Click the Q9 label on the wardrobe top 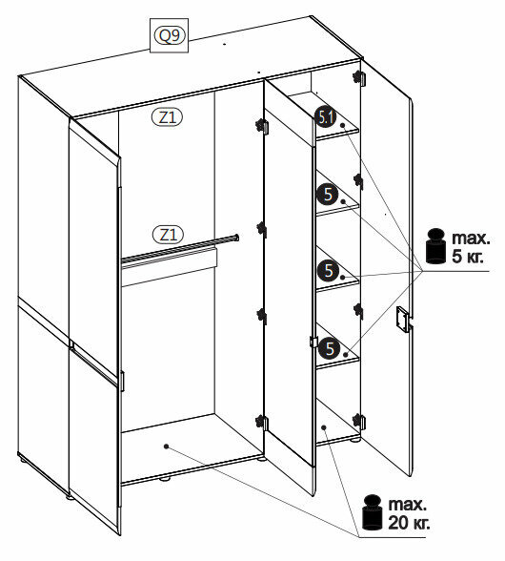pos(169,36)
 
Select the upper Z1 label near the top pos(168,117)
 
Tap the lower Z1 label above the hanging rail pos(168,235)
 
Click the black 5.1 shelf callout pos(326,117)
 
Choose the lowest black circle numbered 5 pos(329,348)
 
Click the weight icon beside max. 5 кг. pos(436,246)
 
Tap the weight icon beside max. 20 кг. pos(373,512)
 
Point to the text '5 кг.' pos(468,256)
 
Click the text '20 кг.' pos(409,523)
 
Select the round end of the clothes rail pos(236,238)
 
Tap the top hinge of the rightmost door pos(358,77)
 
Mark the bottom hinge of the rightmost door pos(358,421)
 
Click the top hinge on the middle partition pos(262,126)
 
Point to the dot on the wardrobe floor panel pos(166,447)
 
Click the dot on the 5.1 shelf pos(342,125)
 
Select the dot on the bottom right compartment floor pos(324,427)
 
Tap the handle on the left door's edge pos(122,381)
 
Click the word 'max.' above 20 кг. pos(408,505)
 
